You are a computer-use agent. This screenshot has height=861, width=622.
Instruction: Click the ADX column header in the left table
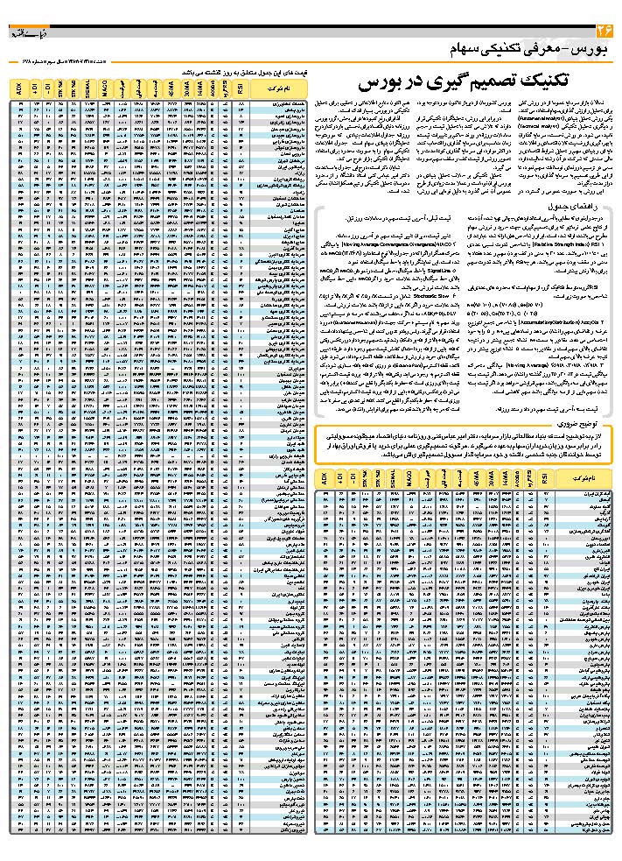click(17, 88)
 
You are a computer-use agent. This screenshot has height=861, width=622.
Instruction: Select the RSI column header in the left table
click(241, 88)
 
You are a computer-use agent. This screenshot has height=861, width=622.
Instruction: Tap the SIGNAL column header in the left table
click(87, 88)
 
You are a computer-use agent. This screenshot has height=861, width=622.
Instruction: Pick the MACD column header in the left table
click(104, 88)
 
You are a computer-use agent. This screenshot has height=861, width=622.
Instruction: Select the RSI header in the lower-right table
click(546, 480)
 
